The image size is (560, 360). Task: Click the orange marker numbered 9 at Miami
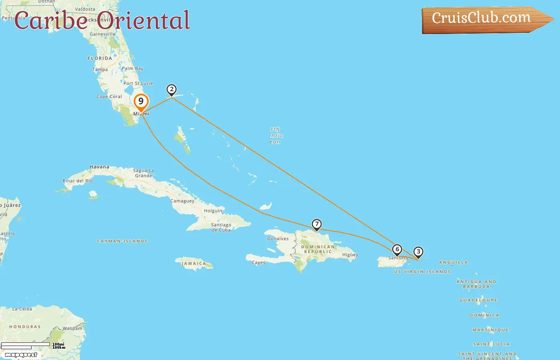coord(141,102)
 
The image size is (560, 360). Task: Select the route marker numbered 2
coord(172,90)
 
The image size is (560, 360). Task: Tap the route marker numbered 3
coord(418,252)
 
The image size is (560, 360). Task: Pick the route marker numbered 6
coord(397,250)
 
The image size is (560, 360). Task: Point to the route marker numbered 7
coord(316,224)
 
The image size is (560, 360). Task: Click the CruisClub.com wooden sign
coord(484,19)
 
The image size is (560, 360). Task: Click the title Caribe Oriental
coord(102,21)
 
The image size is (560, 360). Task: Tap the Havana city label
coord(99,167)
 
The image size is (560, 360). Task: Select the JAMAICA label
coord(194,264)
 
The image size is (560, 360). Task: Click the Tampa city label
coord(100,70)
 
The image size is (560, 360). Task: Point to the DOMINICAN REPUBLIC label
coord(318,249)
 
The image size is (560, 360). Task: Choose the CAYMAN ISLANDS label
coord(122,241)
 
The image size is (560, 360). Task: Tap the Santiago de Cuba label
coord(221,227)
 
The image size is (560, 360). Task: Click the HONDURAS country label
coord(25,327)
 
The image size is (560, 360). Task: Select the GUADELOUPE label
coord(478,300)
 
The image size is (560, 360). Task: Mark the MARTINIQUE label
coord(490,330)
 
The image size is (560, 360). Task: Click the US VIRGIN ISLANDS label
coord(422,272)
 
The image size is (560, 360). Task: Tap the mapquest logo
coord(21,355)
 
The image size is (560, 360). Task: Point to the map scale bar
coord(26,345)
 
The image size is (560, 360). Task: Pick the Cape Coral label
coord(109,96)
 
